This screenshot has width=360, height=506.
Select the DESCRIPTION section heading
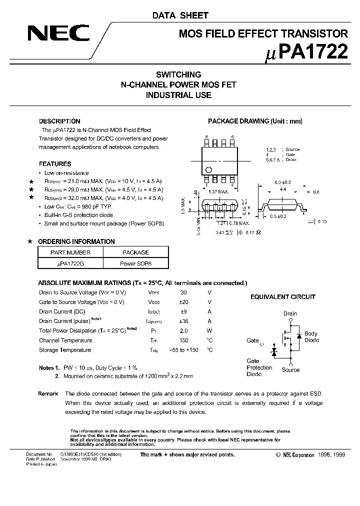59,121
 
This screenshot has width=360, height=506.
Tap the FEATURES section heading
55,164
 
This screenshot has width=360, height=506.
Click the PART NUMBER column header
70,252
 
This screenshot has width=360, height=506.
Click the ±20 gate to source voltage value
183,302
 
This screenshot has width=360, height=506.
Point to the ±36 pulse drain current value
183,321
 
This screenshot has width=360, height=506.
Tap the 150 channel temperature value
183,340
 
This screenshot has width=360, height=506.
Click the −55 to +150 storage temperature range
183,350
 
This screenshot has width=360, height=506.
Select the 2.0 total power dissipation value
183,330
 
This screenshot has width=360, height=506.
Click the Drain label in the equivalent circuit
290,313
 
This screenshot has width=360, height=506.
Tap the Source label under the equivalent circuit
290,370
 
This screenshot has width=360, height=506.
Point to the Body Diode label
311,337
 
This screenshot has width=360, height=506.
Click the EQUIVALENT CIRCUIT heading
283,297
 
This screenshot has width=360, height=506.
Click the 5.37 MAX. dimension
218,191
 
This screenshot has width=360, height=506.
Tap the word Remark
48,394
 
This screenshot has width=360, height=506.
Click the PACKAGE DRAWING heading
255,121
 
